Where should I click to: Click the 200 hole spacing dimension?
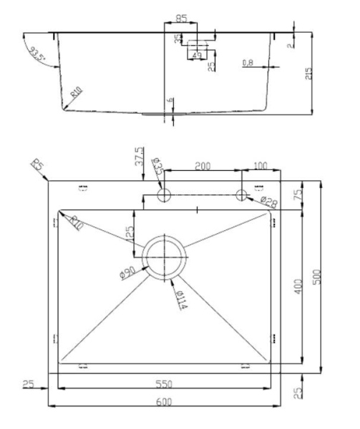click(x=203, y=166)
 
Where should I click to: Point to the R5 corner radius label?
click(x=37, y=167)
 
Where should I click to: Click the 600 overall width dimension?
click(x=165, y=402)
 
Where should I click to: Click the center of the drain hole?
click(x=165, y=255)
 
